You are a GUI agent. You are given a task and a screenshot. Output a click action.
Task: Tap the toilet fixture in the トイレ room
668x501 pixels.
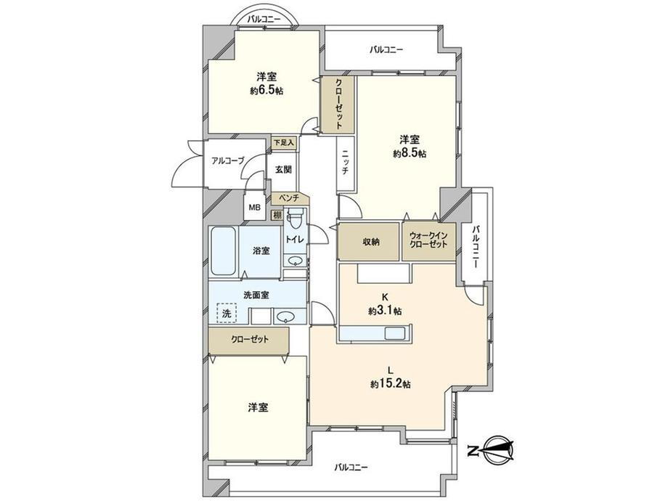coord(293,219)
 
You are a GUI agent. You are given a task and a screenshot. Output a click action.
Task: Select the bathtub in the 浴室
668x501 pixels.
coord(224,251)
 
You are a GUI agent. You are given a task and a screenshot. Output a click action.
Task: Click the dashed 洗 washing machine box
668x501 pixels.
coord(227,313)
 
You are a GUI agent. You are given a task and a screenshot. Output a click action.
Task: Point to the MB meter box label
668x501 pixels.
coord(255,208)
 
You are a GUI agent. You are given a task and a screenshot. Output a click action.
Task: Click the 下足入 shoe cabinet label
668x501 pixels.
coord(284,142)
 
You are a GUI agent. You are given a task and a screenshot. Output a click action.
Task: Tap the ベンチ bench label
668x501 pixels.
coord(289,197)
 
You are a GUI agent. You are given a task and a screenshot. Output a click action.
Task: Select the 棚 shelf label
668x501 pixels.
coord(278,215)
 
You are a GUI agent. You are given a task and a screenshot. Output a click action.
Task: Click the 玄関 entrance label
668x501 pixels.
coord(283,170)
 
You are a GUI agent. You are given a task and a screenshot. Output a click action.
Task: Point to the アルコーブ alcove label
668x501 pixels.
coord(228,160)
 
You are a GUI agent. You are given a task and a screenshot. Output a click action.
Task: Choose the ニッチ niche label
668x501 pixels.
coord(345,164)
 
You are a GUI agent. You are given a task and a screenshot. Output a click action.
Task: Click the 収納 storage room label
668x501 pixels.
coord(371,242)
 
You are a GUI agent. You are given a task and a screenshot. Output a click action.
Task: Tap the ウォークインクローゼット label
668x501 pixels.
coord(428,240)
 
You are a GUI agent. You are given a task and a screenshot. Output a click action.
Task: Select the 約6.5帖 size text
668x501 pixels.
coord(267,91)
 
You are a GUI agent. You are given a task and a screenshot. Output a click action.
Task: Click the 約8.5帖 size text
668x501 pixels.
coord(410,153)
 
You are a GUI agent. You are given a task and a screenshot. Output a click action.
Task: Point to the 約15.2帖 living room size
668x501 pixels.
coord(390,384)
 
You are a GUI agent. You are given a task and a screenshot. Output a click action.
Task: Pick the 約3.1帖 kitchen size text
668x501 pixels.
coord(385,311)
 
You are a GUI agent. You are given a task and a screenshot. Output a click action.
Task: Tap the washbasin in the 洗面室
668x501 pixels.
coord(285,317)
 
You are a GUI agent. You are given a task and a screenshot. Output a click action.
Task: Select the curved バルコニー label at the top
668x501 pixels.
coord(264,19)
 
